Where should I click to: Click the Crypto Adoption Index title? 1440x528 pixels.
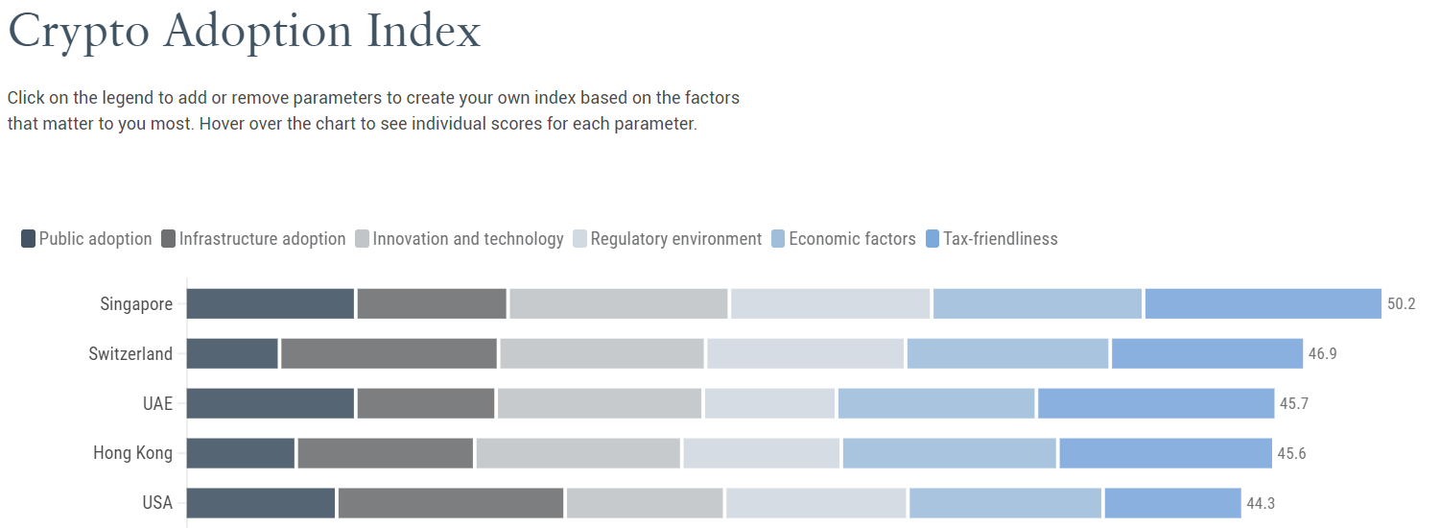point(244,33)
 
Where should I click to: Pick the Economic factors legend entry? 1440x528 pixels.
point(843,239)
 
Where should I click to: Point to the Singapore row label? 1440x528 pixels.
point(136,304)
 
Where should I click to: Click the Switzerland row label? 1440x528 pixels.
point(130,354)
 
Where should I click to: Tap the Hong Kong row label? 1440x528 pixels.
point(132,453)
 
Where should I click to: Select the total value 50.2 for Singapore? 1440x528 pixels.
point(1402,304)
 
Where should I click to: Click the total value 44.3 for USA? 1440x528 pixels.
point(1261,503)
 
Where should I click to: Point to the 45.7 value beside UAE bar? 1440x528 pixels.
point(1294,403)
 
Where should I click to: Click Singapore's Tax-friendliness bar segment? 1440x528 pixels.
point(1263,304)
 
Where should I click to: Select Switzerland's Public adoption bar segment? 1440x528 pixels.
point(232,354)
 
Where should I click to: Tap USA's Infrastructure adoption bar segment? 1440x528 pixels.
point(450,503)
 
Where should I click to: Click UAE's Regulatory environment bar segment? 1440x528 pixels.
point(769,403)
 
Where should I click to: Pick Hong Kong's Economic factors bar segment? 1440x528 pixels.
point(949,453)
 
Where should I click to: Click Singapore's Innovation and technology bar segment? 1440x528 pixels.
point(618,304)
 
